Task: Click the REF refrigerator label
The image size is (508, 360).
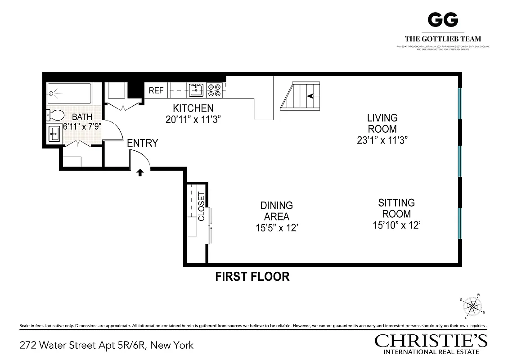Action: pos(156,90)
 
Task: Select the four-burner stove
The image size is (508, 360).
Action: pos(214,90)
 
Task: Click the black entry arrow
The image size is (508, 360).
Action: pos(140,172)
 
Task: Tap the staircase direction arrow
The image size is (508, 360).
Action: pos(310,95)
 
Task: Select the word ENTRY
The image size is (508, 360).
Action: pos(142,143)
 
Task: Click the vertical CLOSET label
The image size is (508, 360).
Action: pos(201,207)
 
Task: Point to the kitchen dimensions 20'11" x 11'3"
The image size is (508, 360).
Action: pos(193,119)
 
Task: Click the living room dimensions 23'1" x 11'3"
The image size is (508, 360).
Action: pos(382,139)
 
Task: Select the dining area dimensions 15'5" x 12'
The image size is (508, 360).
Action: pos(277,228)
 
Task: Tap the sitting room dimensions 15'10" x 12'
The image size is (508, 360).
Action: pos(396,225)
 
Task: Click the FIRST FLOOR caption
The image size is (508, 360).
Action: pos(252,276)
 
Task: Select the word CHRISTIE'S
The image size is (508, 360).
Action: pos(431,341)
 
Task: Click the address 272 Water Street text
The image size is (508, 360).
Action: pos(107,345)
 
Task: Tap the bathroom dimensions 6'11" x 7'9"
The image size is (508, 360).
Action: pos(82,126)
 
